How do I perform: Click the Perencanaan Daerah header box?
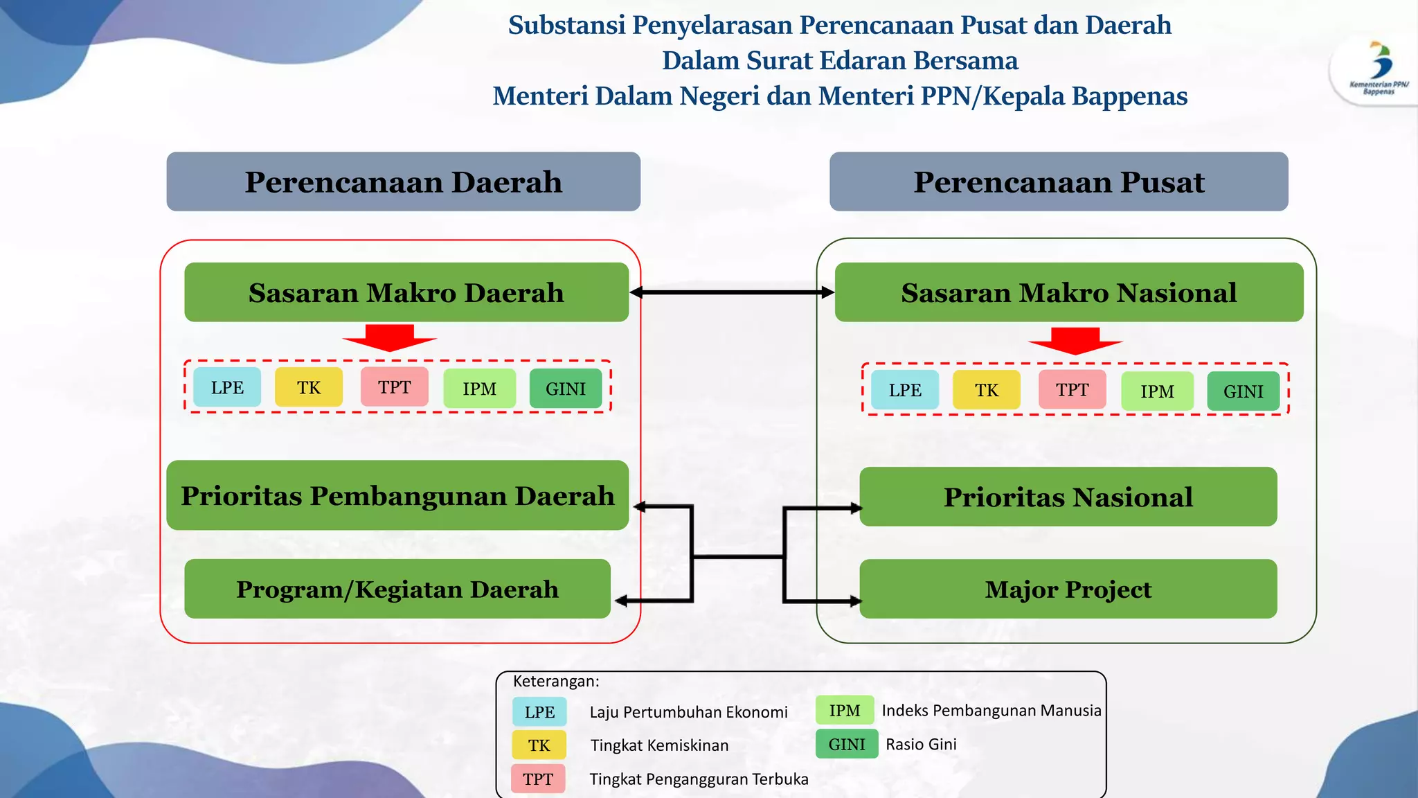(x=403, y=181)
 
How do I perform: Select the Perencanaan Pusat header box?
(x=1059, y=181)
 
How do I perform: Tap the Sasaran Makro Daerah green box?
(x=406, y=292)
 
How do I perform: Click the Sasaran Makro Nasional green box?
(x=1068, y=292)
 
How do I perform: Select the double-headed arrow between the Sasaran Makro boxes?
(x=732, y=292)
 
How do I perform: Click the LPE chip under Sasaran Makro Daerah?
(x=227, y=388)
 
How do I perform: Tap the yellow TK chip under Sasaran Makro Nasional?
(x=987, y=390)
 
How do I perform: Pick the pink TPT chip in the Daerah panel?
(x=394, y=387)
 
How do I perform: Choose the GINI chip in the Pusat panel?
(x=1243, y=391)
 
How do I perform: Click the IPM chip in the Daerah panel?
(x=479, y=389)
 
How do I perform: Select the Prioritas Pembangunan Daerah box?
(x=397, y=495)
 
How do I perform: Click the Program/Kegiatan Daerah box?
(x=397, y=589)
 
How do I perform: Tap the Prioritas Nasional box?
(x=1068, y=497)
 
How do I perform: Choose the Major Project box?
(x=1068, y=589)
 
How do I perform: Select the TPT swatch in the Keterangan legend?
(x=538, y=779)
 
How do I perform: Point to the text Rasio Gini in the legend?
(x=921, y=744)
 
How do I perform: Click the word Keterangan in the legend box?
(x=555, y=681)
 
